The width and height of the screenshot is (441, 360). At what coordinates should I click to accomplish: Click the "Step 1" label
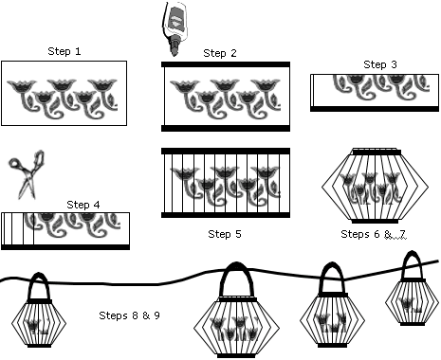pyautogui.click(x=64, y=51)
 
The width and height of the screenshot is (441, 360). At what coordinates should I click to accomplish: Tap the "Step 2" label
pyautogui.click(x=220, y=53)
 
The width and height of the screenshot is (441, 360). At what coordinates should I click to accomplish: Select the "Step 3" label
pyautogui.click(x=380, y=64)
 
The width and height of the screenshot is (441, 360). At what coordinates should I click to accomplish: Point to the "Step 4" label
pyautogui.click(x=83, y=205)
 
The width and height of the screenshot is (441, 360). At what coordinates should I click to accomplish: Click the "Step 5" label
pyautogui.click(x=225, y=234)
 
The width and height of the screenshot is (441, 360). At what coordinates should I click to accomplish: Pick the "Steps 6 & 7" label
pyautogui.click(x=373, y=234)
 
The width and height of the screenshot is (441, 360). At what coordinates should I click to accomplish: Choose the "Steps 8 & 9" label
pyautogui.click(x=129, y=315)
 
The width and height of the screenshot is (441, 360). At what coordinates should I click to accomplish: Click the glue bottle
pyautogui.click(x=174, y=28)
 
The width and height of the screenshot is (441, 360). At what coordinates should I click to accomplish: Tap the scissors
pyautogui.click(x=27, y=174)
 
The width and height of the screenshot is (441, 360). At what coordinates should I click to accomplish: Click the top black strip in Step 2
pyautogui.click(x=226, y=64)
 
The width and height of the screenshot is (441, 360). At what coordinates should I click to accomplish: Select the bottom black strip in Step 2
pyautogui.click(x=226, y=128)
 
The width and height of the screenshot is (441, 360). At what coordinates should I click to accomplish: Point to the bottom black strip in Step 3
pyautogui.click(x=375, y=109)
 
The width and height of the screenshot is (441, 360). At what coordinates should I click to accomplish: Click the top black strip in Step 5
pyautogui.click(x=226, y=151)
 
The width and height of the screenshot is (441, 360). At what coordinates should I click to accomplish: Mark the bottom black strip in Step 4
pyautogui.click(x=65, y=247)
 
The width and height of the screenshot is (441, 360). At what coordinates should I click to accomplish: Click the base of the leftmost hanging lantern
pyautogui.click(x=39, y=346)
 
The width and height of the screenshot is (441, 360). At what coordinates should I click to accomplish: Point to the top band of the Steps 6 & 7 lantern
pyautogui.click(x=377, y=153)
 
